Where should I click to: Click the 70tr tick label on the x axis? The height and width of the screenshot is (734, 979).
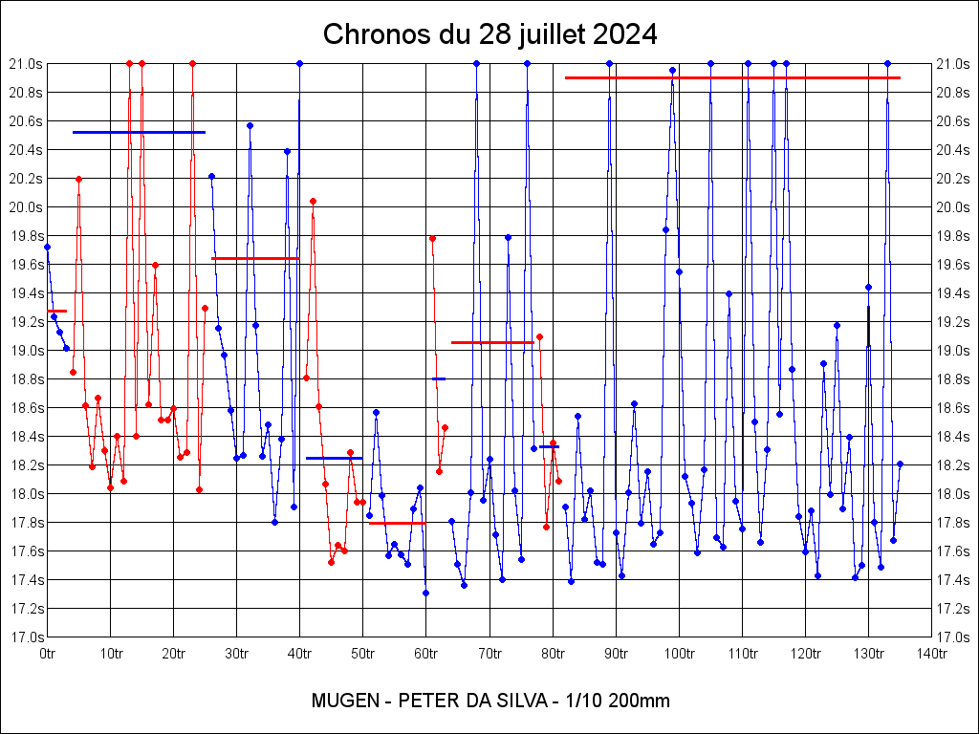(489, 655)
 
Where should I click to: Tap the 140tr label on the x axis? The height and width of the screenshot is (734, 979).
(932, 655)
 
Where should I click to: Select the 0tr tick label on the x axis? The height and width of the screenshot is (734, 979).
(48, 655)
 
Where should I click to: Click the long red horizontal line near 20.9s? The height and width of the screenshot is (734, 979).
(732, 77)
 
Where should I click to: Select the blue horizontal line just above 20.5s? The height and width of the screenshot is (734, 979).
(139, 132)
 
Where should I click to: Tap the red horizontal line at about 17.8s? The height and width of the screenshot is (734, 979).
(397, 523)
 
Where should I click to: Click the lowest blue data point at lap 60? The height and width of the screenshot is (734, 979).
(425, 593)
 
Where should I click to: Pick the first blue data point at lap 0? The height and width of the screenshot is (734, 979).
(48, 247)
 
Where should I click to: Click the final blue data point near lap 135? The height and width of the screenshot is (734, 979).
(900, 464)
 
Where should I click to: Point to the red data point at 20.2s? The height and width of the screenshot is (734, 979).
(78, 179)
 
